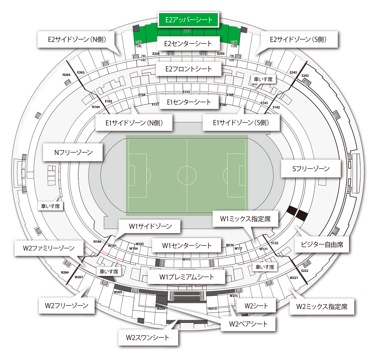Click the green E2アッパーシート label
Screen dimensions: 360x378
click(189, 20)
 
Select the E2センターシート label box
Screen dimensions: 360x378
click(188, 44)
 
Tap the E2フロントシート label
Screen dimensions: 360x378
click(189, 69)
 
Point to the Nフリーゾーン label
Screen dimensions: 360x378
click(73, 153)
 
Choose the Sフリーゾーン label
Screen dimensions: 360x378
click(311, 169)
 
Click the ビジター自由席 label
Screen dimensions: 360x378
click(322, 245)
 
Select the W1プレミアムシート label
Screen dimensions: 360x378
click(186, 277)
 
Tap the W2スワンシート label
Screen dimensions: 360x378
click(148, 338)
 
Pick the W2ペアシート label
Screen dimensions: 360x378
click(248, 324)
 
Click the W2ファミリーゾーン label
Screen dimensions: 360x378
click(49, 248)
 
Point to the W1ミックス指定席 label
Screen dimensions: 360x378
click(245, 219)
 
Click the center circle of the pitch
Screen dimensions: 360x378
click(187, 175)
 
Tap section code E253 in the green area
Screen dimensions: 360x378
click(187, 31)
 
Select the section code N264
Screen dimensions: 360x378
click(67, 75)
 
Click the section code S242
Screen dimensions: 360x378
click(305, 76)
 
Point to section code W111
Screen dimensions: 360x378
click(186, 259)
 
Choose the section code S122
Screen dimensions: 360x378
click(275, 243)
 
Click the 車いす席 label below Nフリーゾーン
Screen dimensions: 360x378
click(51, 206)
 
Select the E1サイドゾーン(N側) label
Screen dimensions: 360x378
click(134, 123)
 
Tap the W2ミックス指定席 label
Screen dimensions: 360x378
click(322, 307)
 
